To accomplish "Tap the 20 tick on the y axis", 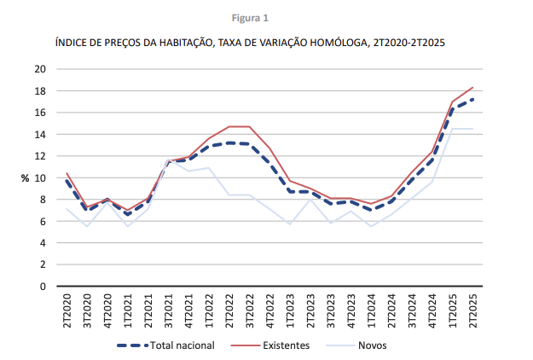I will tap(40, 69).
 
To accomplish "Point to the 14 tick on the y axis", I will tap(40, 134).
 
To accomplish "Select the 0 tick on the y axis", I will tap(43, 286).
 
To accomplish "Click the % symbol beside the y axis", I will tap(26, 177).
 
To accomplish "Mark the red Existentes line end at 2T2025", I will tap(472, 87).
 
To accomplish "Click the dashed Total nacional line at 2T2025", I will tap(472, 99).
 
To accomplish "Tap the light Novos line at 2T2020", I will tap(67, 209).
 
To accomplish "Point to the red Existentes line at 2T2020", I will tap(67, 173).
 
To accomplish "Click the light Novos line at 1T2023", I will tap(291, 224).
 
